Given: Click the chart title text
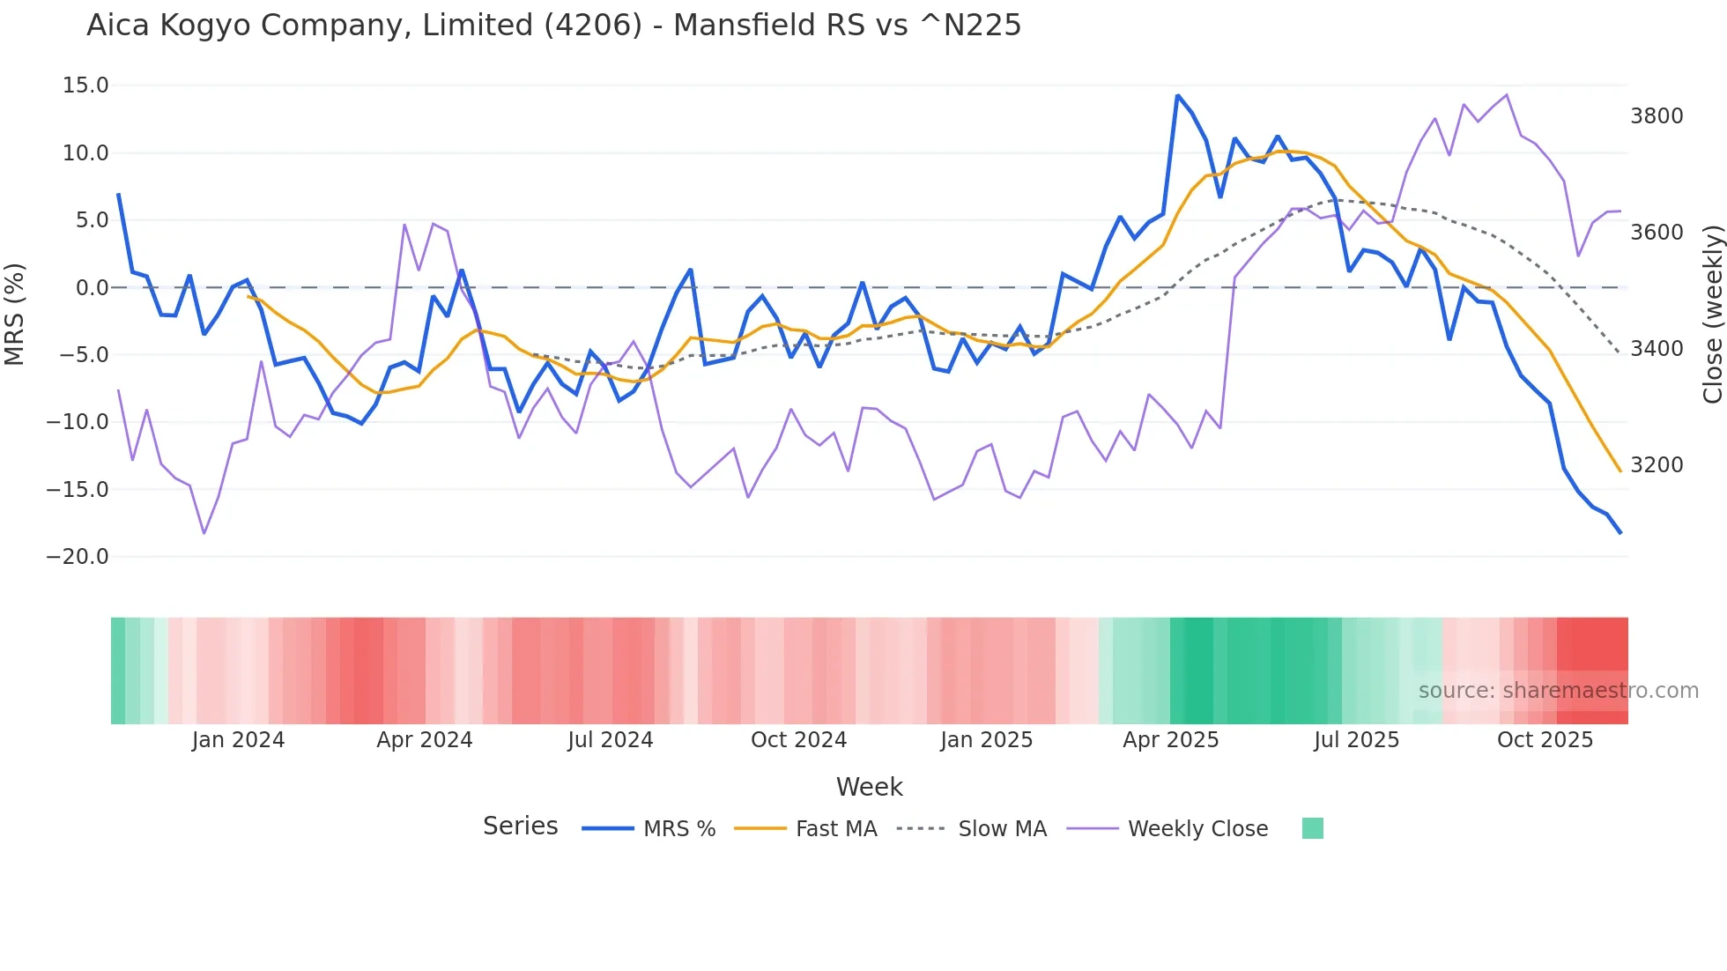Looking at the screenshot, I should (553, 26).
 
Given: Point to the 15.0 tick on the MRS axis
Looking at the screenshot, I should (85, 85).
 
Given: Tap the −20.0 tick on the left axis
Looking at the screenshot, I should (78, 557).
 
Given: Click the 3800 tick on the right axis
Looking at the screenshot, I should (1657, 116).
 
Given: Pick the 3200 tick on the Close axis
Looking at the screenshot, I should (1657, 465).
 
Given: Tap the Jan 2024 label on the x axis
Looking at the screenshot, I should (238, 740).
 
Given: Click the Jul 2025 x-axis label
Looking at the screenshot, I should (1356, 740).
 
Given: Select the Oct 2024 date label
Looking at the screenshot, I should (798, 740).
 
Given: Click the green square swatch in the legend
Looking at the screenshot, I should (1312, 828).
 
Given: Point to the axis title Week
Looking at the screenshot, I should (869, 787).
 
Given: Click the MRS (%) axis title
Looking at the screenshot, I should (15, 315).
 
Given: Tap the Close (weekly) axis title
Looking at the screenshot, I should (1712, 315).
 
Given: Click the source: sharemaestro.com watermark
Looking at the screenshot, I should (1558, 691).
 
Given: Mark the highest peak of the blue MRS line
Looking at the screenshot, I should (1178, 95).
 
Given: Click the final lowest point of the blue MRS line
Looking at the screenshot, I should (1620, 532).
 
